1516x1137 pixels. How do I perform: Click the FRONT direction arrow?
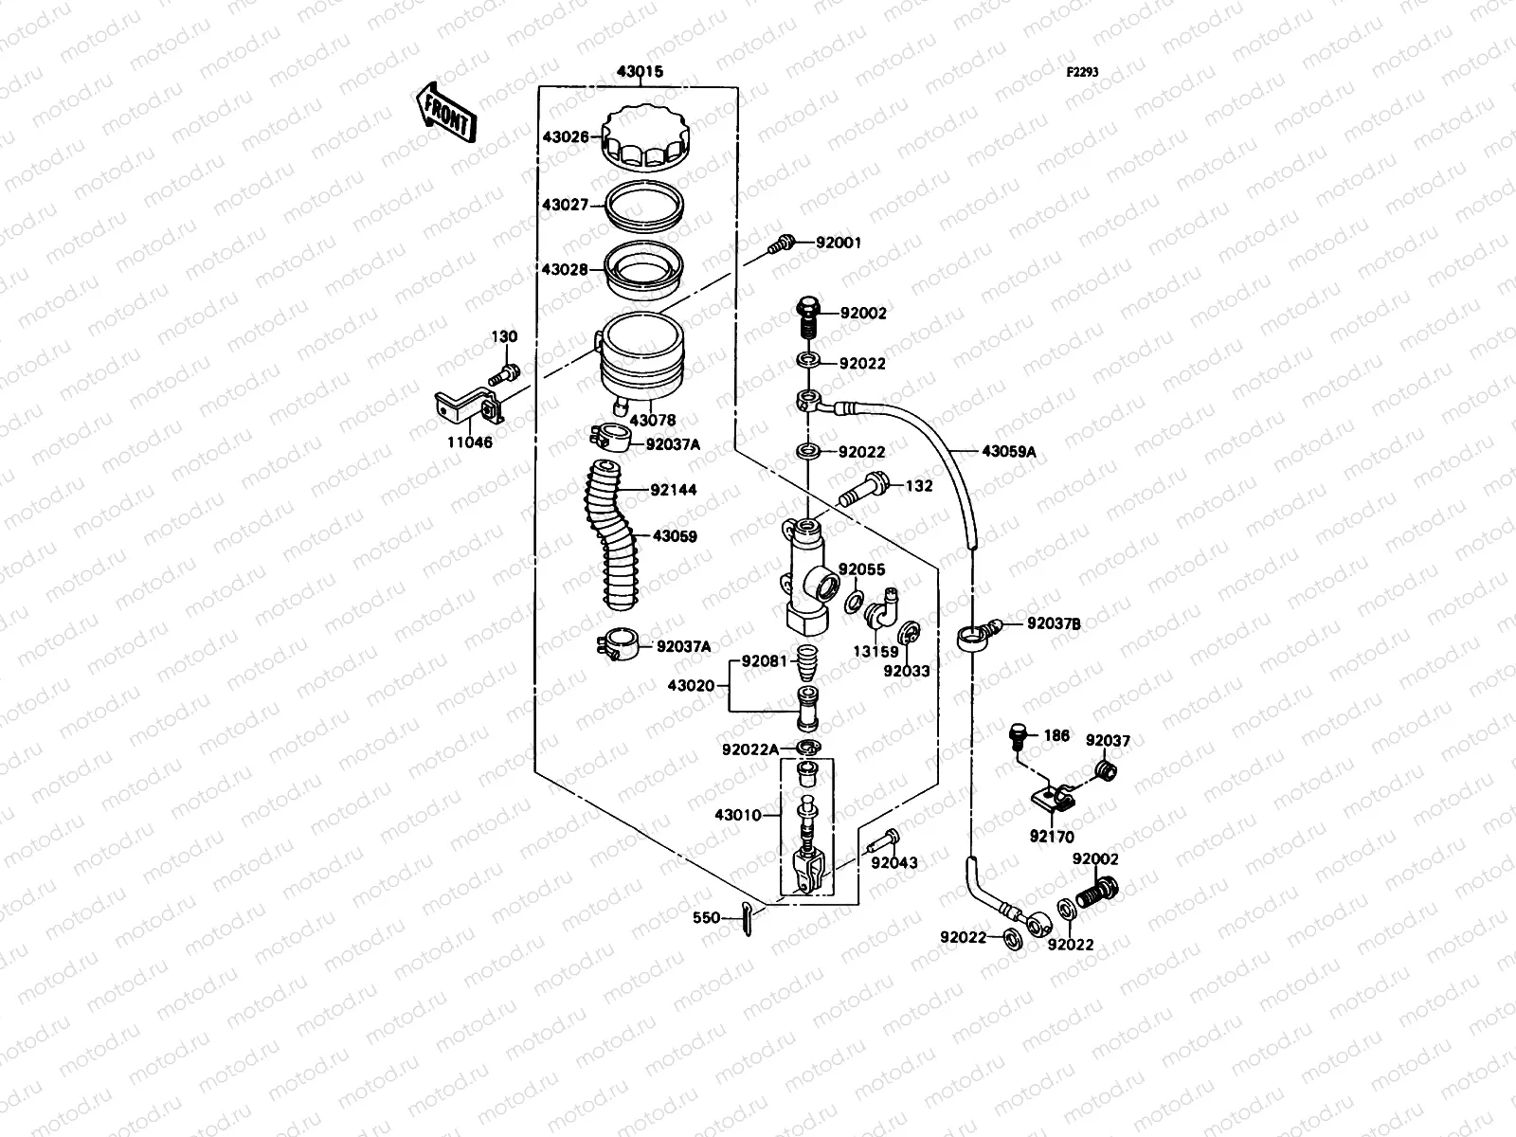click(444, 112)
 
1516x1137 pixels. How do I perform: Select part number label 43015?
click(640, 72)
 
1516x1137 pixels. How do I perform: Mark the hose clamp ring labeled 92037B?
click(971, 636)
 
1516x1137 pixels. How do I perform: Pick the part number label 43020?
click(691, 685)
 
